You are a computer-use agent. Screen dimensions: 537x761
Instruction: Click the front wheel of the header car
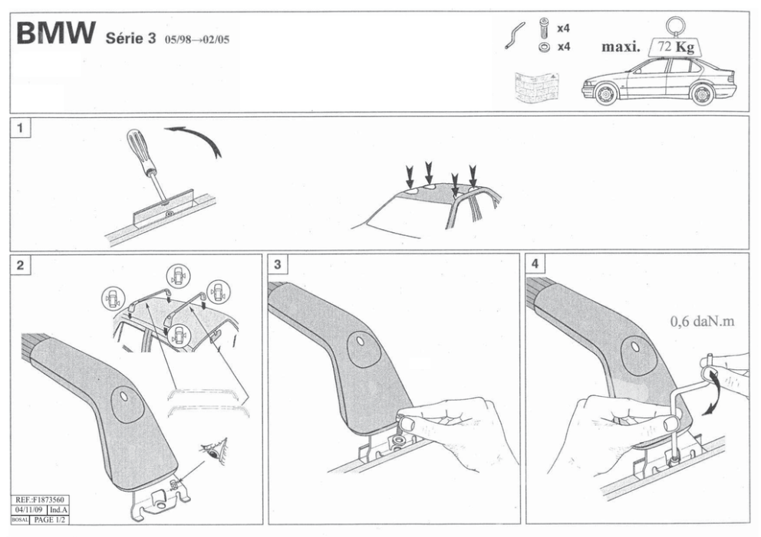(x=605, y=96)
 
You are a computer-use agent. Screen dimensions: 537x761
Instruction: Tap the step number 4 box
(x=535, y=264)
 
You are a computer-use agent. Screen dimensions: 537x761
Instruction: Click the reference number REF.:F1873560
(x=40, y=498)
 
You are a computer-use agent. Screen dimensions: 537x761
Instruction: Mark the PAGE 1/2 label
(x=49, y=519)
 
